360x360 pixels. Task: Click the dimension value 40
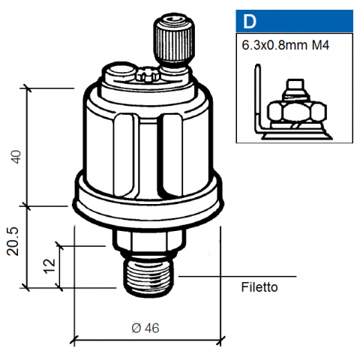click(16, 157)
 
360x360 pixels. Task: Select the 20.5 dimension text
click(13, 241)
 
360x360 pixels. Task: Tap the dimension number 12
click(49, 266)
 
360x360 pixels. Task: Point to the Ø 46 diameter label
click(145, 328)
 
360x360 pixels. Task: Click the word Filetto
click(259, 287)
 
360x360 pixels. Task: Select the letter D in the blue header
click(249, 22)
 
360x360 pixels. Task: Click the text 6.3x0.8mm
click(274, 45)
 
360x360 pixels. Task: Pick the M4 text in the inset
click(320, 45)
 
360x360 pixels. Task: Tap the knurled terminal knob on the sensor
click(174, 40)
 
